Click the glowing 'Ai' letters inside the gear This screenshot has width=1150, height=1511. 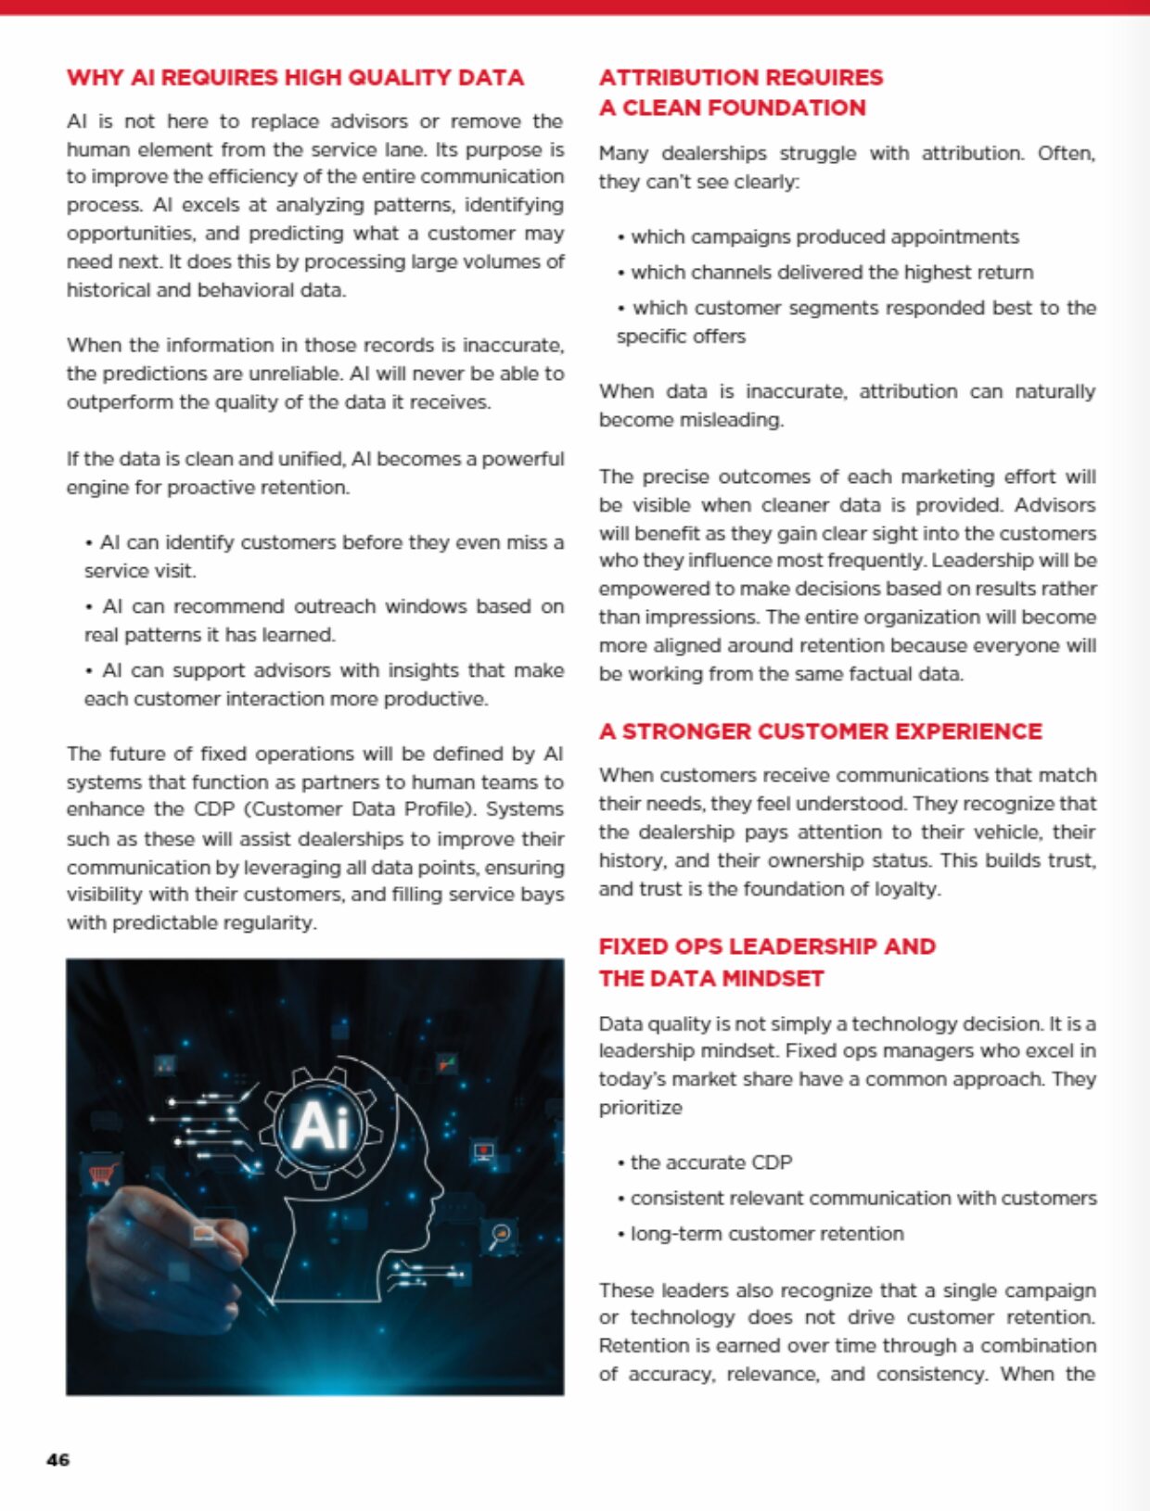click(320, 1125)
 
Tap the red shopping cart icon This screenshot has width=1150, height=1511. click(102, 1175)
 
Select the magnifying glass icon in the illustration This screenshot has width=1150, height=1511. click(501, 1235)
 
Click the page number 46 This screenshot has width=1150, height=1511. click(57, 1460)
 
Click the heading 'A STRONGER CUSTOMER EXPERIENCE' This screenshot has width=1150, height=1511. click(820, 731)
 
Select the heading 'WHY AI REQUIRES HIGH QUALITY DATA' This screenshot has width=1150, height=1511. click(295, 77)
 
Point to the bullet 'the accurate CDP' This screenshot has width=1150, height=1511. click(710, 1162)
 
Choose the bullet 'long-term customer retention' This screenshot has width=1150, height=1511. click(766, 1234)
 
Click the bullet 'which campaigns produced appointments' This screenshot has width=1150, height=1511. click(824, 236)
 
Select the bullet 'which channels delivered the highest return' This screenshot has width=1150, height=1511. click(831, 273)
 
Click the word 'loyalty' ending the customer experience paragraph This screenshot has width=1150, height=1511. click(906, 889)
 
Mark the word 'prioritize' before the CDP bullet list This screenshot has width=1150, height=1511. click(640, 1108)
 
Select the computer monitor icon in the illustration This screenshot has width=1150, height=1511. click(483, 1152)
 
